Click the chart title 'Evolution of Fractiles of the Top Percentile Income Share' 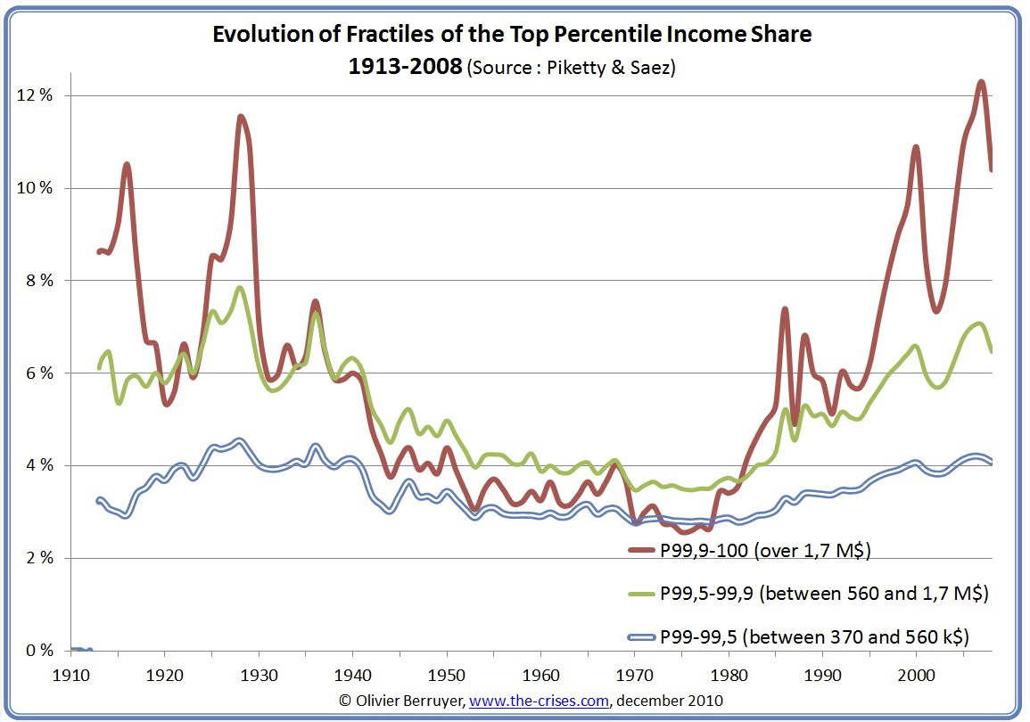pyautogui.click(x=512, y=35)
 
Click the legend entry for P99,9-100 pyautogui.click(x=765, y=551)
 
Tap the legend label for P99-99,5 pyautogui.click(x=814, y=636)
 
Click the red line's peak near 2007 pyautogui.click(x=981, y=82)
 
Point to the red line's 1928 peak pyautogui.click(x=241, y=116)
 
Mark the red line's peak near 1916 pyautogui.click(x=128, y=164)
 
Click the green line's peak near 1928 pyautogui.click(x=240, y=287)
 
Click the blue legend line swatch pyautogui.click(x=642, y=637)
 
